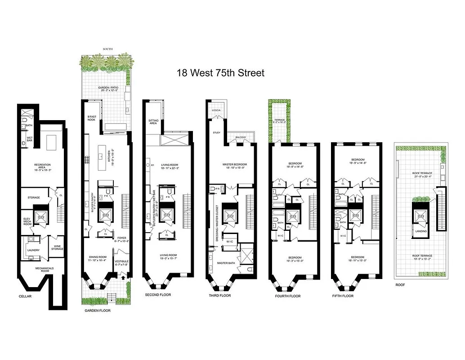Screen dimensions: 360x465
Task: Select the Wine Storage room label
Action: pos(57,247)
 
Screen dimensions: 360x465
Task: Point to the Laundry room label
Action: pos(33,250)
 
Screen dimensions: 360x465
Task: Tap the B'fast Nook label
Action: pos(92,118)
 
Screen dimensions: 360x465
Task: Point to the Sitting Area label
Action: pos(153,121)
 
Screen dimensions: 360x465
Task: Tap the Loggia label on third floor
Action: pos(216,110)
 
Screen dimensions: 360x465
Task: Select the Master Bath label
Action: pos(226,263)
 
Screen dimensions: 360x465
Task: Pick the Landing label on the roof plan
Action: pos(421,231)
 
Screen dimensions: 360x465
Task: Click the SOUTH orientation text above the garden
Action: pos(107,49)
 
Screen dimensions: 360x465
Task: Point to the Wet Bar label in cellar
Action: pos(29,138)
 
